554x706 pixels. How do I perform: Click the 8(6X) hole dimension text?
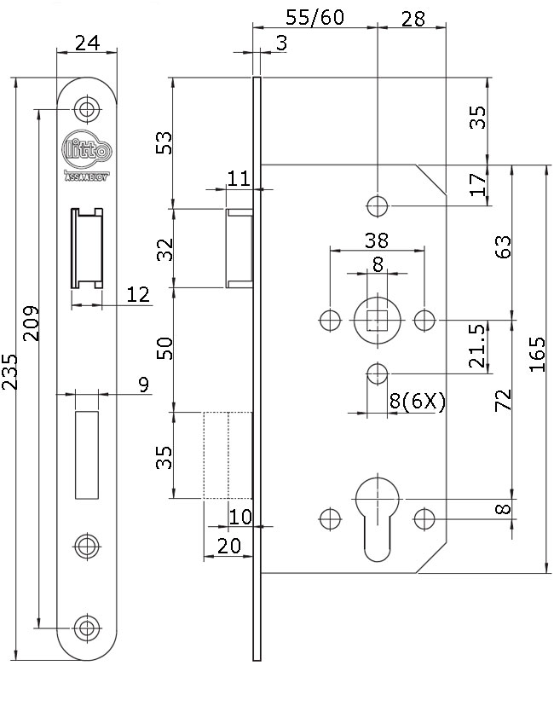pos(418,402)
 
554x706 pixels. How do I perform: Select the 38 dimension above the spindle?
pos(377,240)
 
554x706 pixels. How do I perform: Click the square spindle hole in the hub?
pos(377,320)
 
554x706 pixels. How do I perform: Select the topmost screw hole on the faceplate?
pos(85,108)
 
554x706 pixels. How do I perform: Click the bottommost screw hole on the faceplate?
pos(85,627)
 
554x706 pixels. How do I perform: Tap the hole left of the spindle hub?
pos(329,320)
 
